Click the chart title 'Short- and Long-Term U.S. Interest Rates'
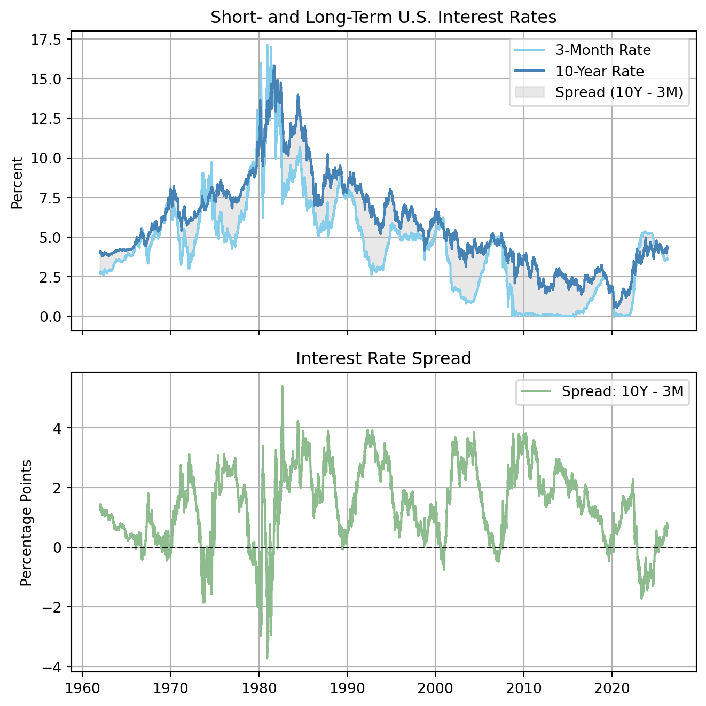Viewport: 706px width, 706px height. coord(383,17)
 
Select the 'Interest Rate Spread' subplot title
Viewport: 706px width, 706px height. coord(383,358)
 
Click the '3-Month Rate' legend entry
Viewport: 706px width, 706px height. coord(603,50)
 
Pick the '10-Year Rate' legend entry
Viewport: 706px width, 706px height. coord(599,71)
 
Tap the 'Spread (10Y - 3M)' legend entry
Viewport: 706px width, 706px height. coord(619,92)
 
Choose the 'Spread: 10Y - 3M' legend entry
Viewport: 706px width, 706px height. coord(622,391)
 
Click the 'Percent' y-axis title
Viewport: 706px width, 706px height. coord(17,183)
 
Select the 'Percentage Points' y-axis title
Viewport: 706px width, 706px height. coord(26,522)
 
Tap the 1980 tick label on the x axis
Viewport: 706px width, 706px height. coord(258,687)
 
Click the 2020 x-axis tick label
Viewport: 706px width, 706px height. coord(612,687)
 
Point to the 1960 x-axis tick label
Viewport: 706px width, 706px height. coord(82,687)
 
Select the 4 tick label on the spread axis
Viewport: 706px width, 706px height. coord(59,428)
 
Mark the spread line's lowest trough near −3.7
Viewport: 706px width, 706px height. coord(267,658)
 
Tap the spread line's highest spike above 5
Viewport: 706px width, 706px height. coord(282,386)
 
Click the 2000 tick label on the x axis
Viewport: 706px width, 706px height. coord(435,687)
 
